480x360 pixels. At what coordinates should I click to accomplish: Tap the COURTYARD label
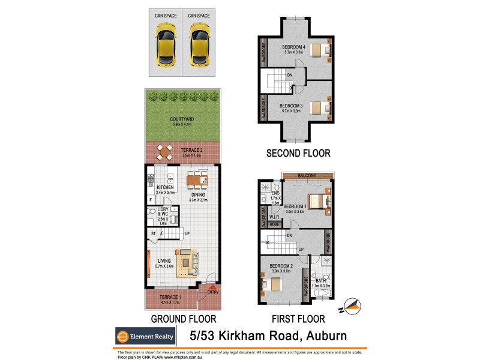[x=181, y=119]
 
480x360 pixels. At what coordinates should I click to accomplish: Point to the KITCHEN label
[x=165, y=188]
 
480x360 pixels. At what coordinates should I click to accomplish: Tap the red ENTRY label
[x=212, y=292]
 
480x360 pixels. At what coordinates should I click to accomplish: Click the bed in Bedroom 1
[x=316, y=201]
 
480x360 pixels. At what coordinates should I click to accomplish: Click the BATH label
[x=322, y=280]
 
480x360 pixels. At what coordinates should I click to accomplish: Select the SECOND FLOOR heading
[x=298, y=154]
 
